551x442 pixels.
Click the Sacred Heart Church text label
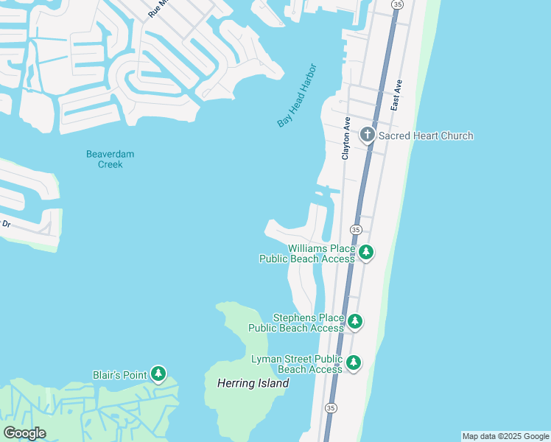point(426,136)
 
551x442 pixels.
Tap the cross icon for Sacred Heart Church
point(368,136)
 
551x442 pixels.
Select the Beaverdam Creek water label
point(110,159)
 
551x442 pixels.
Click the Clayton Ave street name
point(345,138)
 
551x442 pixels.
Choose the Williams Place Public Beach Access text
point(307,253)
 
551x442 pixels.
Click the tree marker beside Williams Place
point(365,253)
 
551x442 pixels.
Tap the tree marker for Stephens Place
point(355,321)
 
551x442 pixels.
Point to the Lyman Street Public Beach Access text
point(297,364)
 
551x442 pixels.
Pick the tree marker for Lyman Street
point(354,362)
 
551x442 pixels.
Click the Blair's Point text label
point(120,375)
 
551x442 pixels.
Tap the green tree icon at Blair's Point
point(158,374)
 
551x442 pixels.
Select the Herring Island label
point(253,383)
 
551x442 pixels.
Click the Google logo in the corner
point(24,433)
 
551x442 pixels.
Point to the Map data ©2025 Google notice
point(505,436)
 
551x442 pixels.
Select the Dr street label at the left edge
point(6,223)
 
